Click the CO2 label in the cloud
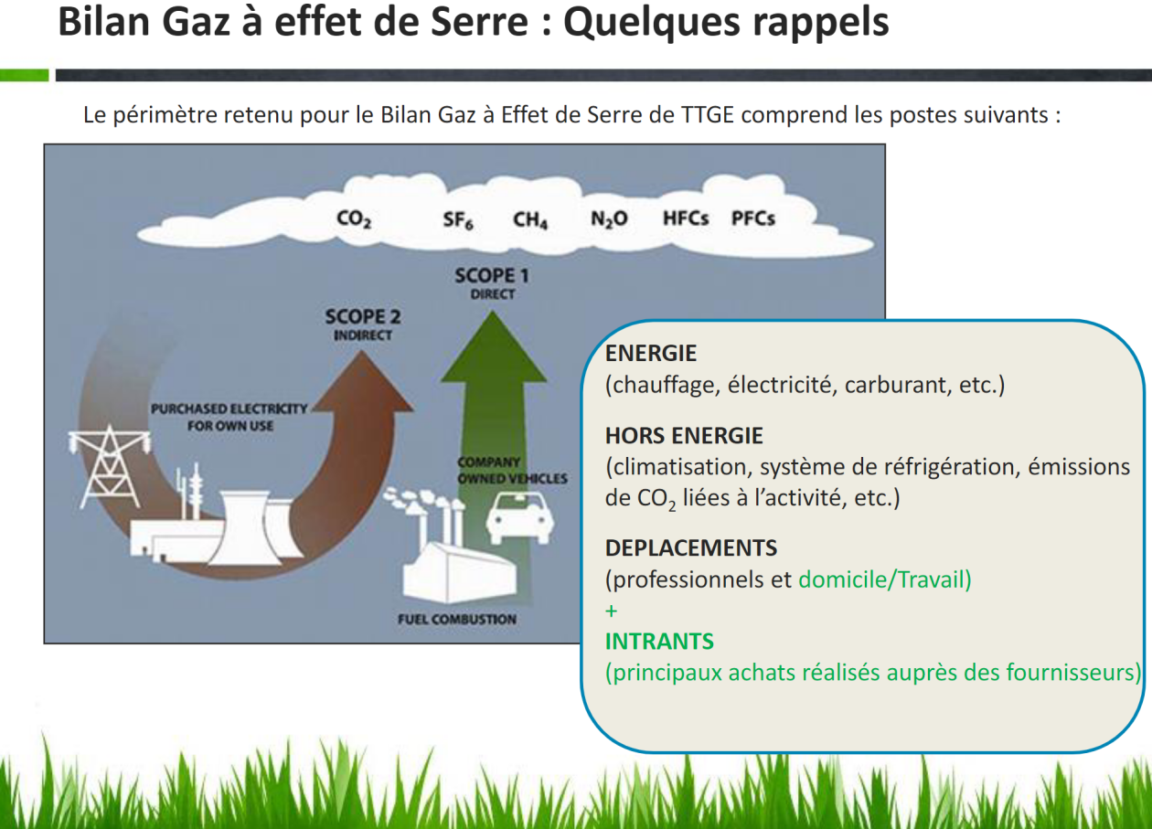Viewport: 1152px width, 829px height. click(x=354, y=219)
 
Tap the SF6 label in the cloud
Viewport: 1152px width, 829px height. click(x=458, y=220)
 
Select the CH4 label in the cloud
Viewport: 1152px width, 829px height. click(x=530, y=220)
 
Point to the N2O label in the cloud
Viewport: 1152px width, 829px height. click(x=609, y=219)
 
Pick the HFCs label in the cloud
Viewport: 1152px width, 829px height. click(x=686, y=218)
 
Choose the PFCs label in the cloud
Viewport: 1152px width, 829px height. click(x=753, y=218)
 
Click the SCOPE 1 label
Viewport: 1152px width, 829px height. click(x=492, y=276)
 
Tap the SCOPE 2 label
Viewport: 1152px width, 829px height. click(x=363, y=317)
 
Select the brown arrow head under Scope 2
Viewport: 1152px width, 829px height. click(x=363, y=383)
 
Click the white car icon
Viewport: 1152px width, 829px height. click(x=520, y=517)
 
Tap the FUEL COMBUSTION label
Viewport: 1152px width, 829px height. click(x=457, y=619)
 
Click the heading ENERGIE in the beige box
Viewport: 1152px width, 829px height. click(x=651, y=354)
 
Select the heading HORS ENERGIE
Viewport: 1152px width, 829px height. click(x=684, y=436)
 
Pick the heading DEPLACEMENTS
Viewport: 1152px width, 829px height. click(x=691, y=548)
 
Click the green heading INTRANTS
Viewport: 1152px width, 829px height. click(x=660, y=642)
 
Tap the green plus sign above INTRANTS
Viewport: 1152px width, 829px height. click(x=612, y=611)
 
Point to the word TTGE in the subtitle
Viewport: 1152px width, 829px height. click(x=707, y=114)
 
